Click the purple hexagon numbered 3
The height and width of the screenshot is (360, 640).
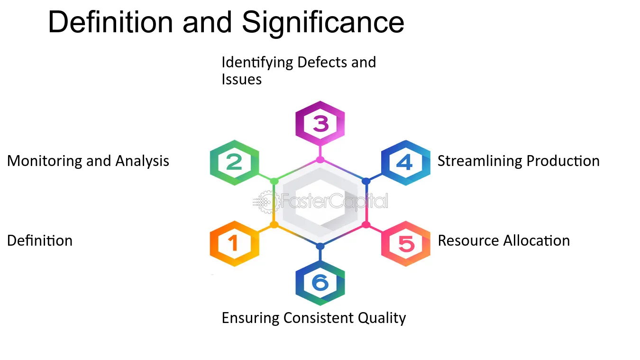click(x=320, y=124)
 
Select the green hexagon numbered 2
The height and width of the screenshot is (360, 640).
click(x=234, y=163)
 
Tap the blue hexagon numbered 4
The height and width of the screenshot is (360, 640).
click(x=405, y=163)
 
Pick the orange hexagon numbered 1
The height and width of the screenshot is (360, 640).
click(x=234, y=243)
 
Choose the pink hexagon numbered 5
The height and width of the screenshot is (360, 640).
click(x=406, y=243)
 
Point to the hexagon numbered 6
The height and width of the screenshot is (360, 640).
click(x=320, y=283)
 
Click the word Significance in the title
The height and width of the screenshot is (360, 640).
click(x=323, y=22)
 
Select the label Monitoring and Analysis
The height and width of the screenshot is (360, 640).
click(x=88, y=161)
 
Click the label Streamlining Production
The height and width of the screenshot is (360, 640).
click(x=518, y=161)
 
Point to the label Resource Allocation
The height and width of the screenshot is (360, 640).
click(x=503, y=241)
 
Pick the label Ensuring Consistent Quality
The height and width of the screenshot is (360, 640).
click(x=314, y=318)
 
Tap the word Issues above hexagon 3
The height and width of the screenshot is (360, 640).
click(x=242, y=79)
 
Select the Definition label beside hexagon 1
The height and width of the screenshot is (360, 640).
click(x=40, y=241)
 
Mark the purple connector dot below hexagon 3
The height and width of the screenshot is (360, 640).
click(x=320, y=159)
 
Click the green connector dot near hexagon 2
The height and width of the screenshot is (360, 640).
click(x=274, y=181)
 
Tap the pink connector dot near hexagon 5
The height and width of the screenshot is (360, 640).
click(x=366, y=224)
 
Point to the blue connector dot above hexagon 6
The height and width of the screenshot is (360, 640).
click(x=320, y=246)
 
